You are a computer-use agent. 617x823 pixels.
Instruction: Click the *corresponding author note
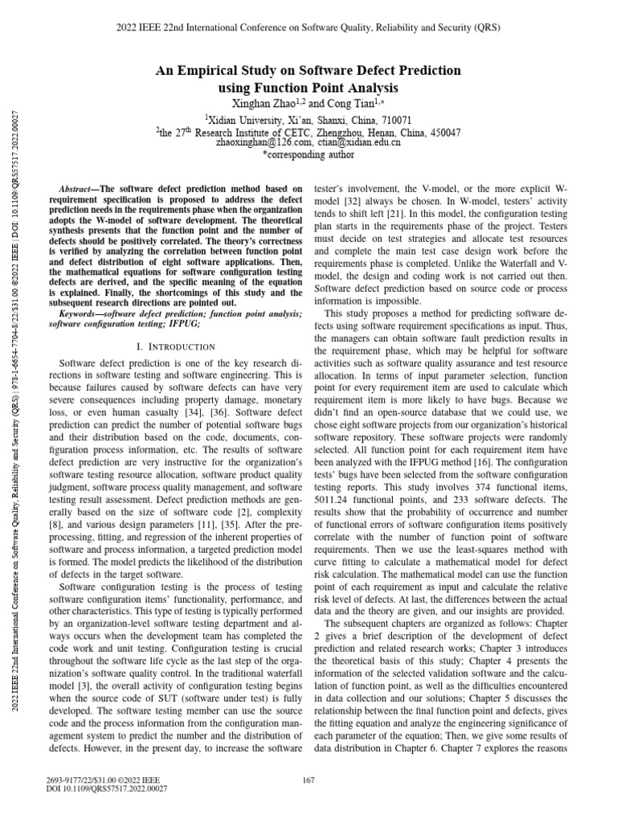[x=308, y=155]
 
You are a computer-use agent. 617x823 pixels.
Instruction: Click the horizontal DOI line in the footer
[x=108, y=788]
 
